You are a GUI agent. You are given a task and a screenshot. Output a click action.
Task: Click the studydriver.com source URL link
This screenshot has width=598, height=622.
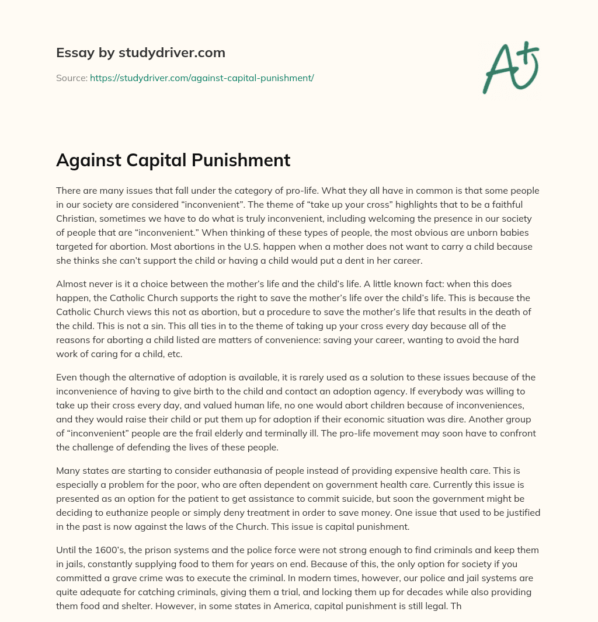[202, 78]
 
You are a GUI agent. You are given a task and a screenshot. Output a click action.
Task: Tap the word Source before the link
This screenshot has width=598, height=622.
[71, 78]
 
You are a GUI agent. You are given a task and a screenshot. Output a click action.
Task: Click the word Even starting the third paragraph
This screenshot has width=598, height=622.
[66, 378]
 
